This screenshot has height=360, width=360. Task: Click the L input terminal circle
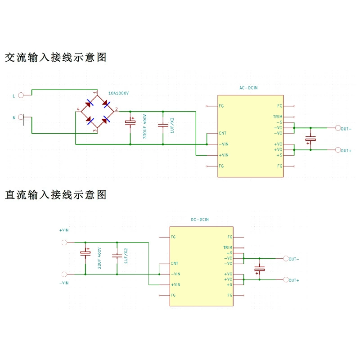tap(21, 95)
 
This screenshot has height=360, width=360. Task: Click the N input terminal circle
tap(21, 117)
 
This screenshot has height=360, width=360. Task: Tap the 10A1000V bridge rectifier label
tap(118, 93)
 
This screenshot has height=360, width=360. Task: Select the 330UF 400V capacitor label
tap(144, 126)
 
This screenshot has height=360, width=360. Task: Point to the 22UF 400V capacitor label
tap(99, 258)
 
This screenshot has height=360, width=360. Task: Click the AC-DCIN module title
tap(248, 88)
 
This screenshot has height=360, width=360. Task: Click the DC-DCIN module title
tap(200, 220)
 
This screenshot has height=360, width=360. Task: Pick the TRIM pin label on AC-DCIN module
tap(278, 117)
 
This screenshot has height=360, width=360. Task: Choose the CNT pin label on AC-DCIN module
tap(222, 133)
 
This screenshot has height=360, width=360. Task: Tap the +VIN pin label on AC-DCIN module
tap(224, 155)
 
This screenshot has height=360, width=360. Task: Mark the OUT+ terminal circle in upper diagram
tap(338, 150)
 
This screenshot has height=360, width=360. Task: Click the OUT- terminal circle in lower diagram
tap(286, 258)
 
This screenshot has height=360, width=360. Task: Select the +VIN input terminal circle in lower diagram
tap(64, 243)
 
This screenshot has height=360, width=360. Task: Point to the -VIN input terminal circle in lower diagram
tap(64, 274)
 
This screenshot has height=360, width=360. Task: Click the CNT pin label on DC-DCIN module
tap(175, 263)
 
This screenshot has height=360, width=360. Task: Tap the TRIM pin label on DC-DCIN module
tap(228, 247)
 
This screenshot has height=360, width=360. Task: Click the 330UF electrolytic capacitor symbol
tap(130, 122)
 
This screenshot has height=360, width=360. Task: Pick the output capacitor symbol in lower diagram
tap(260, 269)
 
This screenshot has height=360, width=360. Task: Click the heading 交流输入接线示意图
tap(55, 58)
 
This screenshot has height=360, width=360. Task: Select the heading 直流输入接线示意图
tap(55, 195)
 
